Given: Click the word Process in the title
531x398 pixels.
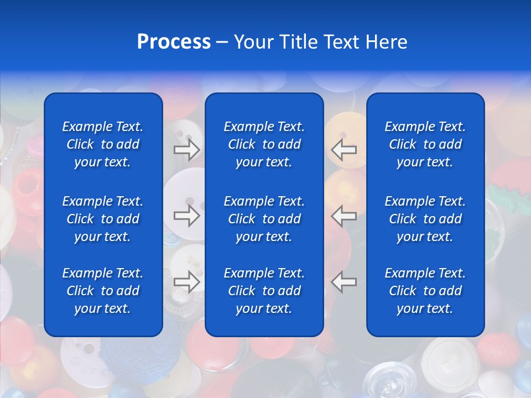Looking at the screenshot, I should [174, 42].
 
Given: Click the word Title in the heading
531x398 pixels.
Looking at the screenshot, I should [298, 42].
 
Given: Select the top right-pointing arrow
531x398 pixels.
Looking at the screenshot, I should [186, 149].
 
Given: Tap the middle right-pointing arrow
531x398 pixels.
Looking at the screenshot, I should [186, 216].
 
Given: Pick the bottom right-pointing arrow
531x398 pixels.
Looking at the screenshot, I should [186, 282].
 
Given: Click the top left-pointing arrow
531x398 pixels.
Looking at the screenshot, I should [344, 149].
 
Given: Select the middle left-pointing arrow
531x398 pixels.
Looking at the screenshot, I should [344, 216].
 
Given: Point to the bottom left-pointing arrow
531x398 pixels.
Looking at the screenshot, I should [344, 282].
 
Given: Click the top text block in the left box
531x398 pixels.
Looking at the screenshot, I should [103, 144].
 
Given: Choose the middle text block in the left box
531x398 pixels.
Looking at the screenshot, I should [103, 219].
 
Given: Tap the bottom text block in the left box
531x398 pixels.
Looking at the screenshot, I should [103, 291].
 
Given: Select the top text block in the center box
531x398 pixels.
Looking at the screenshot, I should [264, 144].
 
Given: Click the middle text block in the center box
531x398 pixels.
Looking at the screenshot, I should [264, 219].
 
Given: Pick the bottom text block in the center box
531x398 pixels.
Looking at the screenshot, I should [264, 291].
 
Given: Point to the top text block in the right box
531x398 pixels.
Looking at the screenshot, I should [425, 144].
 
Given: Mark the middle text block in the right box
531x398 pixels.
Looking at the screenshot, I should [425, 219].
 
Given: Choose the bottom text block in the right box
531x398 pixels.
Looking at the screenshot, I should [425, 291].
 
